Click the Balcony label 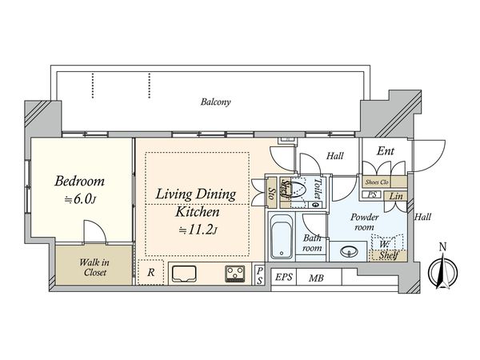point(215,102)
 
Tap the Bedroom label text point(79,182)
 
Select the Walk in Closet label point(94,267)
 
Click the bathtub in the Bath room point(282,237)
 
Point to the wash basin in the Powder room point(349,252)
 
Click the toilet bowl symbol point(298,190)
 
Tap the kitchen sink point(184,274)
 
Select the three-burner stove point(235,274)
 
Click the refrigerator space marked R point(150,273)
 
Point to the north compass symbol point(442,270)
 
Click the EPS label point(284,278)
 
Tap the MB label point(316,278)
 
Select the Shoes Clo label point(377,182)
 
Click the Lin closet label point(396,196)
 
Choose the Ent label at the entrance point(386,151)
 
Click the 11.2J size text point(198,230)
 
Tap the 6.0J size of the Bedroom point(80,199)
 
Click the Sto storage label point(271,193)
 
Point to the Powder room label point(364,222)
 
